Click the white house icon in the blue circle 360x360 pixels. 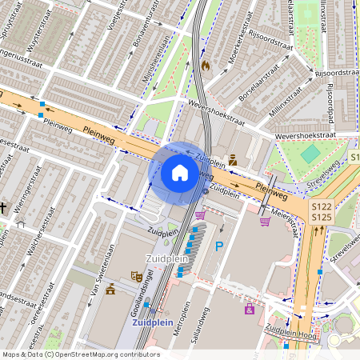pyautogui.click(x=180, y=172)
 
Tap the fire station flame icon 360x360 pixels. pyautogui.click(x=205, y=65)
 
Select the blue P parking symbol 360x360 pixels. pyautogui.click(x=219, y=246)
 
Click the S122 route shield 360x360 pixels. pyautogui.click(x=321, y=206)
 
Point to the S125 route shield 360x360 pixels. pyautogui.click(x=321, y=217)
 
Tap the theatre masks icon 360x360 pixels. pyautogui.click(x=137, y=276)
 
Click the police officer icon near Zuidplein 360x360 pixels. pyautogui.click(x=233, y=159)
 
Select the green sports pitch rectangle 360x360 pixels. pyautogui.click(x=310, y=152)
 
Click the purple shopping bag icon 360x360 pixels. pyautogui.click(x=250, y=308)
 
